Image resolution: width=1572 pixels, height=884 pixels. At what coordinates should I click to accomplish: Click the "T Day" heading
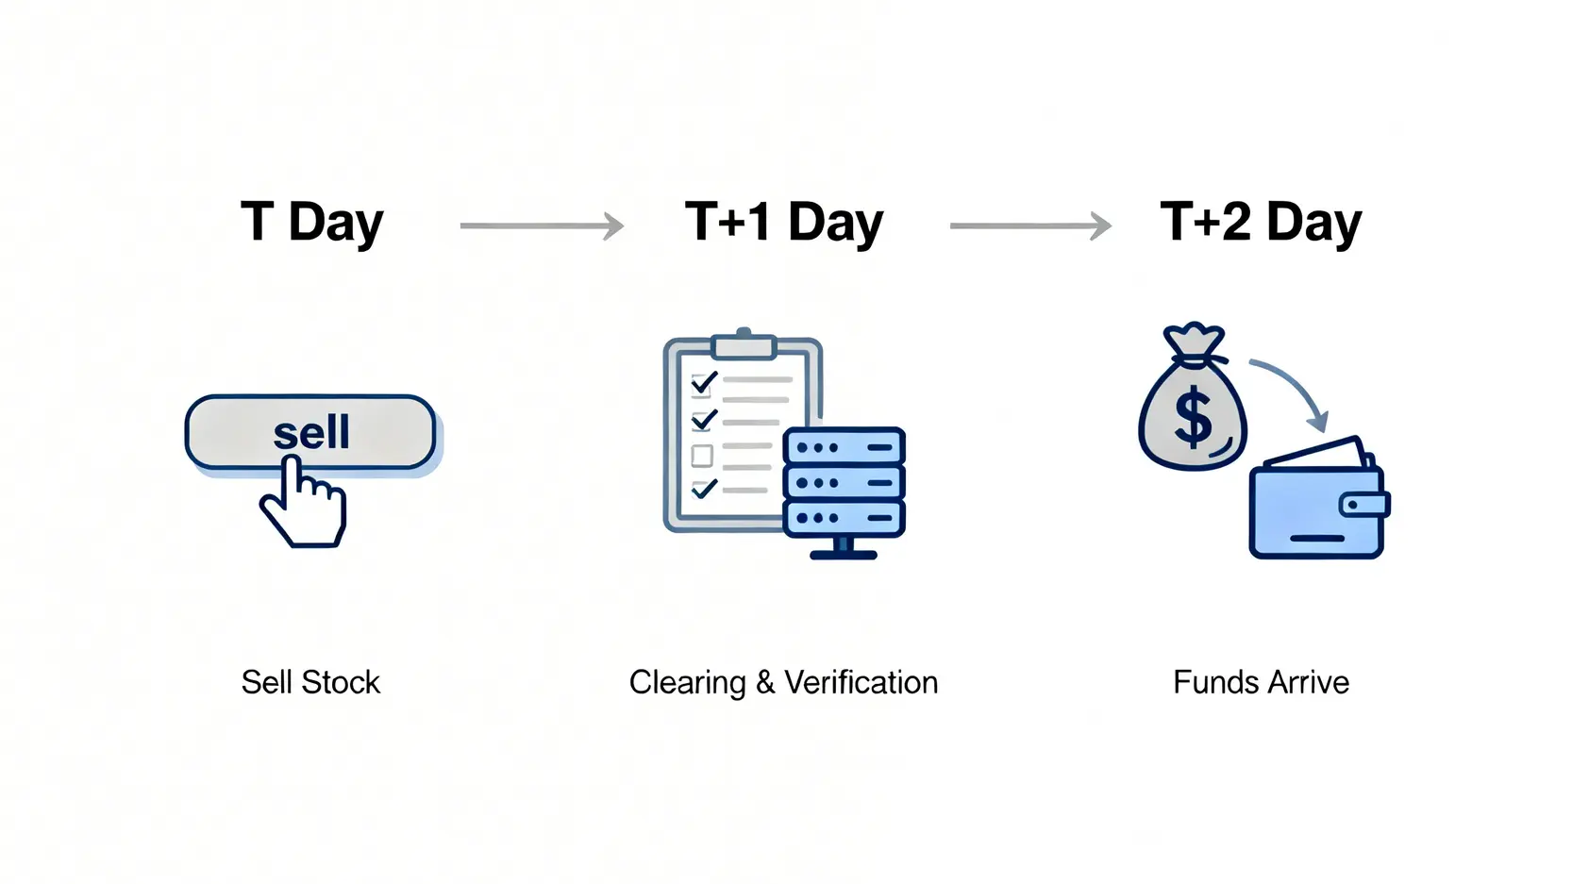312,223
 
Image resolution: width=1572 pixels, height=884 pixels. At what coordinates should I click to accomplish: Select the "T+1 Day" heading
784,223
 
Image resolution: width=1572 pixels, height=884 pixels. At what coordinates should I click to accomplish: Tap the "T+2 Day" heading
1262,223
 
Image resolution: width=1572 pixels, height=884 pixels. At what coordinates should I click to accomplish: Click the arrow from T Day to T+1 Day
542,225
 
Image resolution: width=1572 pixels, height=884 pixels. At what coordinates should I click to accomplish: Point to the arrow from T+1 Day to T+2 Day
1030,225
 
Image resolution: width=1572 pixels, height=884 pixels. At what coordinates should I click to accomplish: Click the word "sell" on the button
310,431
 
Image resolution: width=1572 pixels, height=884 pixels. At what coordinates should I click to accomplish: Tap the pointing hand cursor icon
303,501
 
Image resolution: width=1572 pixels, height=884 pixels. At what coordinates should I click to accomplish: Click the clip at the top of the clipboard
744,343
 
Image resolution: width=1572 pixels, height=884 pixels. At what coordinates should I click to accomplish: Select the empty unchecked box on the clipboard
702,456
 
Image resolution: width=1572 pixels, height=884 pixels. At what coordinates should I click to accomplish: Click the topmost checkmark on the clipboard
704,383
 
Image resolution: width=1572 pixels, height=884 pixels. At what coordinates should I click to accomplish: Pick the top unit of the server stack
844,446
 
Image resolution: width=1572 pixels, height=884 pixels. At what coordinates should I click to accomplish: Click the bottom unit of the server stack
844,519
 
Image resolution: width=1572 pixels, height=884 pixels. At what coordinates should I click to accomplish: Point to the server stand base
844,555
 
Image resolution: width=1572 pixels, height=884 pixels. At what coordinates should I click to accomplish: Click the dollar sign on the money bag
1193,420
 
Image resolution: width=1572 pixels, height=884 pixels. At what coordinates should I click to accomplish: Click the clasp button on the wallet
1364,505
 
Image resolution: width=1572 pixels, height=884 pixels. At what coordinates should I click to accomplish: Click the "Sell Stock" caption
310,683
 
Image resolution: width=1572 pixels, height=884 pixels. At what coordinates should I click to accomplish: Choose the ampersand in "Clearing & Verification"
765,683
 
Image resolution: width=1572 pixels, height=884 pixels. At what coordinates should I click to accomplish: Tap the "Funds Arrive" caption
1262,683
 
